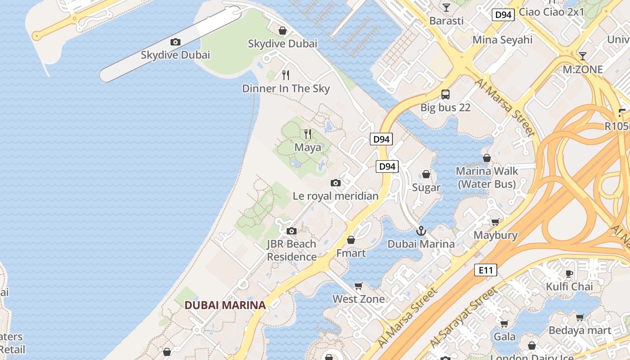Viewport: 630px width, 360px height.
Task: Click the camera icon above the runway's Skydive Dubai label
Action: click(175, 42)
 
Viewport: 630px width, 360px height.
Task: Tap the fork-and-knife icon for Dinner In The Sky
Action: click(285, 75)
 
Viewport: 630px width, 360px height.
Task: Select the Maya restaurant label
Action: click(308, 148)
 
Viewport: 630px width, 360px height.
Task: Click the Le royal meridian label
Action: click(335, 196)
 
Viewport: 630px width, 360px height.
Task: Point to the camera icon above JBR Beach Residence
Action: click(292, 231)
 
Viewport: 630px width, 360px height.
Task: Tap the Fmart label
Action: click(351, 253)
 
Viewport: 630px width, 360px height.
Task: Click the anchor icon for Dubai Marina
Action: click(421, 231)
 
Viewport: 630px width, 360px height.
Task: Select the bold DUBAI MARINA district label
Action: click(225, 305)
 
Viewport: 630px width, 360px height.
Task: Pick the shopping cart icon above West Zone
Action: click(359, 286)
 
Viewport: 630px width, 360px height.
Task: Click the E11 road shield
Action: click(486, 270)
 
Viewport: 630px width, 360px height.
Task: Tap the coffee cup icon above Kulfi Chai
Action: click(569, 274)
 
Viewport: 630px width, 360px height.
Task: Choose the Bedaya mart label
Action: click(580, 330)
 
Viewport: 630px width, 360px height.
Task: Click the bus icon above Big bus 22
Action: click(445, 94)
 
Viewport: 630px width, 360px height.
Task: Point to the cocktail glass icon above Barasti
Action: click(446, 8)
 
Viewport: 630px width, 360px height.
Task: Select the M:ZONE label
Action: click(583, 70)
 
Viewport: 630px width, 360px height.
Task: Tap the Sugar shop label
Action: click(426, 188)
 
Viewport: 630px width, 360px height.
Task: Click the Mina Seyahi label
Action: click(502, 40)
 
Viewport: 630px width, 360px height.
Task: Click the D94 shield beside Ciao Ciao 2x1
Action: click(503, 15)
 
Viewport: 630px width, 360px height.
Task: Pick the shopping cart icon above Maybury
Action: click(495, 222)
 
